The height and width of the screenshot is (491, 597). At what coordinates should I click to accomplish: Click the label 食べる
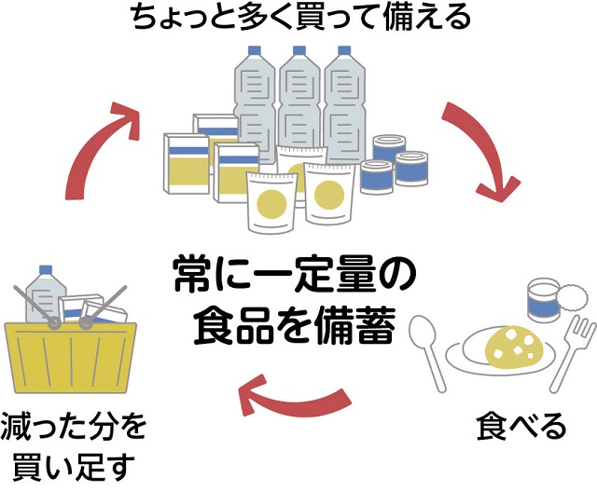(521, 428)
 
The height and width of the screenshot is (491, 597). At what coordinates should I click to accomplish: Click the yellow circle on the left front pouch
(270, 201)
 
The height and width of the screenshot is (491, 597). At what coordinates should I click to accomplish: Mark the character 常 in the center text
(192, 279)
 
